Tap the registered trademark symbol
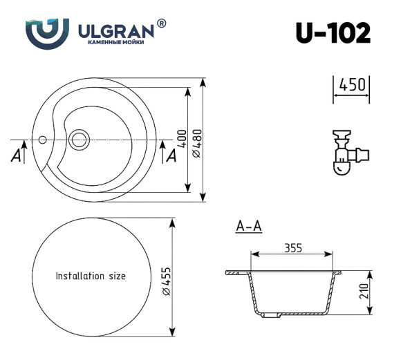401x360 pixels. [162, 23]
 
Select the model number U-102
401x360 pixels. [333, 32]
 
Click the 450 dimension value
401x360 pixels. [351, 85]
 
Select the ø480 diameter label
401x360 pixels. [196, 142]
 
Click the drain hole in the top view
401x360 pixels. [77, 139]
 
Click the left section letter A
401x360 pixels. [15, 157]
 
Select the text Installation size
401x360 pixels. [91, 276]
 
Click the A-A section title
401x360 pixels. [248, 226]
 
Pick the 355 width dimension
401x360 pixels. [295, 249]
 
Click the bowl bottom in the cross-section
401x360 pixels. [294, 312]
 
